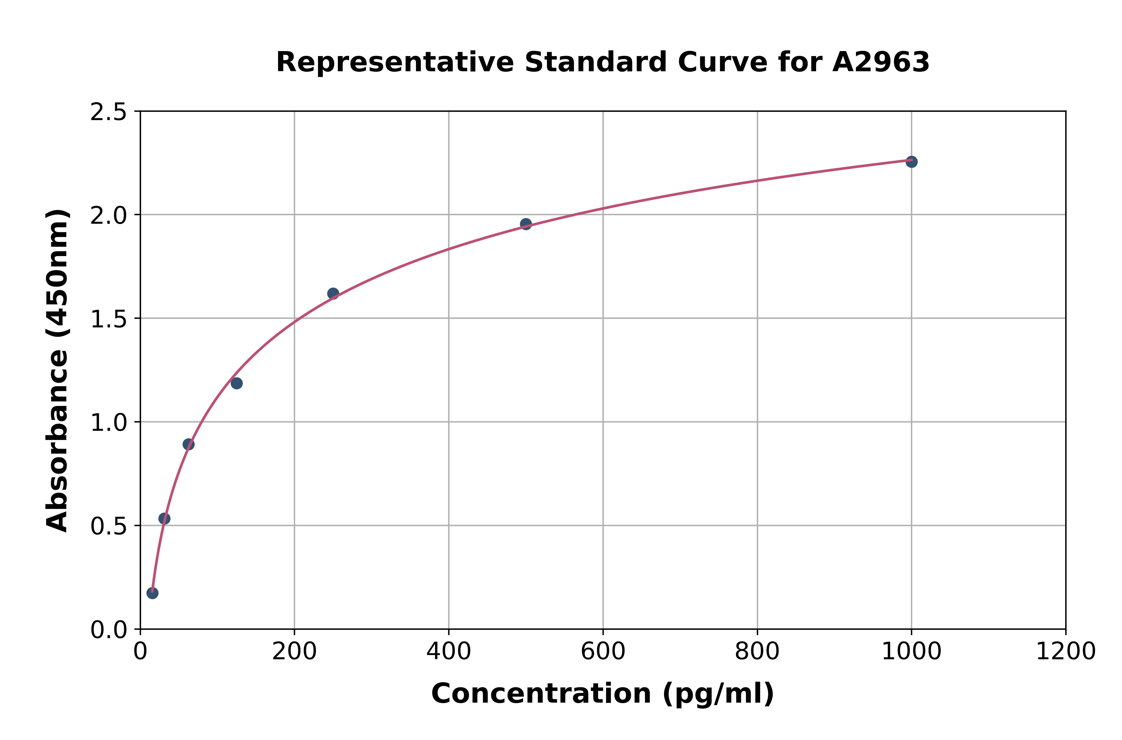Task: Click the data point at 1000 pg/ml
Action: [x=911, y=162]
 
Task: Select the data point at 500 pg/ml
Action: [x=526, y=224]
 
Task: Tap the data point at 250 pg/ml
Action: [x=333, y=294]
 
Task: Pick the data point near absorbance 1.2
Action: [x=237, y=383]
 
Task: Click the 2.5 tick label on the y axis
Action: [x=109, y=112]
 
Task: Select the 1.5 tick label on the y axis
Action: [x=109, y=319]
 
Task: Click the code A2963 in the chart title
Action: [x=881, y=62]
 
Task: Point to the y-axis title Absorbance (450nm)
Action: [x=58, y=370]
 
